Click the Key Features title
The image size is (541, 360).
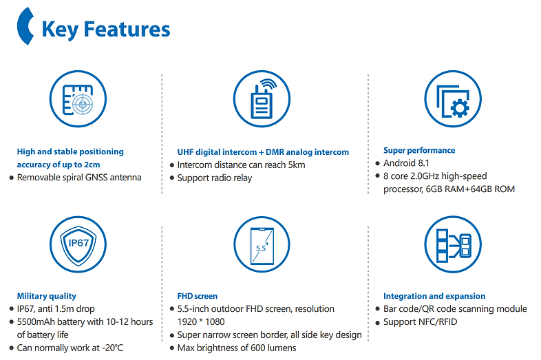(x=105, y=30)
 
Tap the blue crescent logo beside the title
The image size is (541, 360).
(x=25, y=26)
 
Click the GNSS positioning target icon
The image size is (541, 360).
(x=78, y=99)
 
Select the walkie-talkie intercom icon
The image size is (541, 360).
(x=262, y=99)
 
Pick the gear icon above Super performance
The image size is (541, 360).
(x=453, y=99)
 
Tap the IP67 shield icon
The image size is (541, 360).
(x=78, y=245)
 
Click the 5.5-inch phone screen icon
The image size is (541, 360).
(x=262, y=245)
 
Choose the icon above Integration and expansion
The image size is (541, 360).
(x=453, y=245)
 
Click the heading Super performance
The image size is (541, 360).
(x=419, y=151)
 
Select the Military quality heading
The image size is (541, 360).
(x=47, y=296)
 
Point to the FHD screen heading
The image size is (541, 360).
(x=198, y=296)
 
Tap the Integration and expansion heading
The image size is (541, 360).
(x=434, y=296)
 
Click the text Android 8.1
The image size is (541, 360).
(x=407, y=163)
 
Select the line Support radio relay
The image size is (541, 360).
(x=215, y=178)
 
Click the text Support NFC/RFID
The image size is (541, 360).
(x=421, y=322)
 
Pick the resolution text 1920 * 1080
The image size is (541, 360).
(x=201, y=322)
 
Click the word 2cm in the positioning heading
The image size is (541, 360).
(x=92, y=165)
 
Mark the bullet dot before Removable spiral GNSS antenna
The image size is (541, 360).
(x=12, y=178)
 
